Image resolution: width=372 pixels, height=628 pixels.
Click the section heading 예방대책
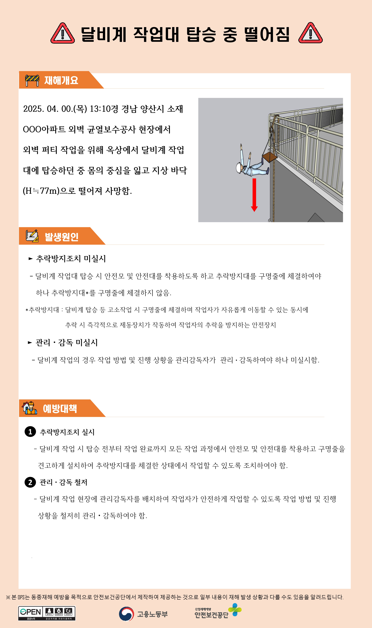60,409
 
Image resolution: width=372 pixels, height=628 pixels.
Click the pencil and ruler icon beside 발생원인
32,236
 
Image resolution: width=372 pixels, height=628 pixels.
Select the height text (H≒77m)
41,191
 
